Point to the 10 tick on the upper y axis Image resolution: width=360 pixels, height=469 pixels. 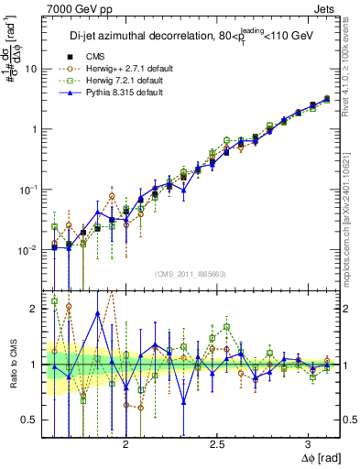pyautogui.click(x=31, y=69)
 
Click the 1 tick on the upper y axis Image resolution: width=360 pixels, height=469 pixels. pyautogui.click(x=34, y=129)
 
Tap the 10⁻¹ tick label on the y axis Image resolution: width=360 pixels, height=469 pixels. pyautogui.click(x=29, y=189)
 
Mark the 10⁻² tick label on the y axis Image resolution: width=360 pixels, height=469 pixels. pyautogui.click(x=29, y=249)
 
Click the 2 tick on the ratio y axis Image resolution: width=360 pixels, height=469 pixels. pyautogui.click(x=34, y=309)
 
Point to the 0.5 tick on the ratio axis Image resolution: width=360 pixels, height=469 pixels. pyautogui.click(x=29, y=420)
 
